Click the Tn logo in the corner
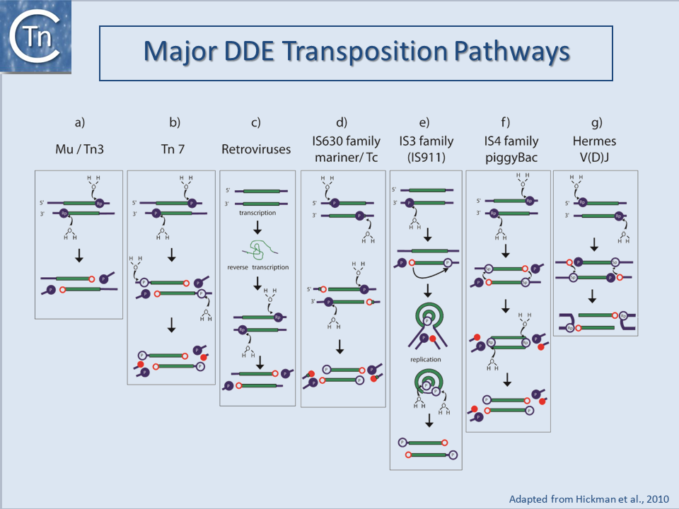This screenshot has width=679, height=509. [36, 37]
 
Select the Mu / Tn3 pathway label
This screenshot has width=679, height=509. [79, 149]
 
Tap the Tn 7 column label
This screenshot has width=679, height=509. [173, 149]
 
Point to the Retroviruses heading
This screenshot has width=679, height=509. [255, 149]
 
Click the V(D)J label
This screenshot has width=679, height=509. [594, 158]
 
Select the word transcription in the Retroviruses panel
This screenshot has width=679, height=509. [257, 213]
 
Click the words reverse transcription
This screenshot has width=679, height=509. [257, 268]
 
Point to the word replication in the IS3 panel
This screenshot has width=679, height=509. [426, 360]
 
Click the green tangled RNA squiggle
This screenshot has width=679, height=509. [257, 250]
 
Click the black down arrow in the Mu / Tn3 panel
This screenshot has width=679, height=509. [79, 258]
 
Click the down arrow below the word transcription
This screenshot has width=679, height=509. [257, 228]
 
